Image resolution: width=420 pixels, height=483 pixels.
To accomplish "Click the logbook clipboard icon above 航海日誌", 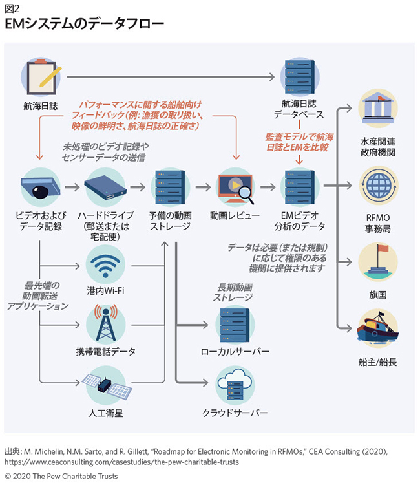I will coord(39,76).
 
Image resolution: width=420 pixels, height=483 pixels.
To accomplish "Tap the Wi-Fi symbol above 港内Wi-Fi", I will coord(105,264).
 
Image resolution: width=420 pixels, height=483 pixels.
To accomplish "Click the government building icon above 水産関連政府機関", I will coord(378,109).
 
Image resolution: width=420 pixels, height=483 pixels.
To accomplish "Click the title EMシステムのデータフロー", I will coord(85,25).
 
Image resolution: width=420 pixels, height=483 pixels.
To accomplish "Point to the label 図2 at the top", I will coord(12,8).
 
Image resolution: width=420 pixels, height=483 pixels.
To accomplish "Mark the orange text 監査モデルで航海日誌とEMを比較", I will coord(300,142).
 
